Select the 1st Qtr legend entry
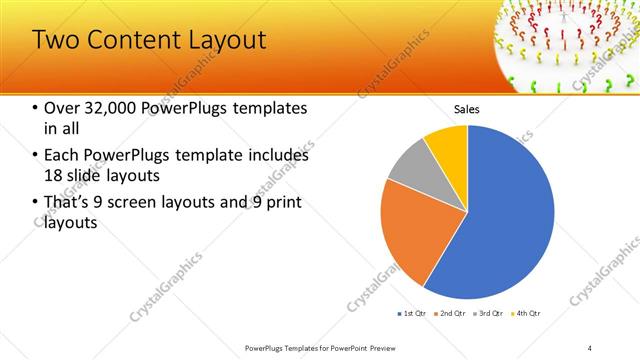(x=413, y=314)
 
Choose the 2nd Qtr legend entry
(x=451, y=314)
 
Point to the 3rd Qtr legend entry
(x=489, y=314)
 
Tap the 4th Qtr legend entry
(x=526, y=314)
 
